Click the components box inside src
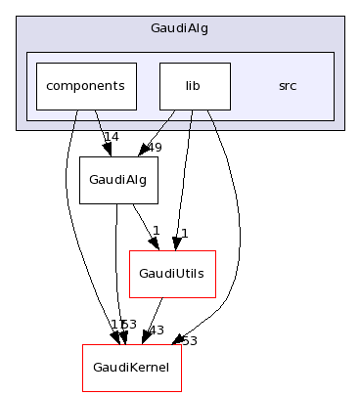[85, 86]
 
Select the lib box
[194, 86]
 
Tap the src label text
[287, 86]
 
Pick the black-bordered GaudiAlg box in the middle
[118, 180]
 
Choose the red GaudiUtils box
[172, 274]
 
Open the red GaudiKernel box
[125, 368]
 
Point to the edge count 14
[111, 137]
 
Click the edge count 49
[153, 148]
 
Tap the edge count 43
[155, 330]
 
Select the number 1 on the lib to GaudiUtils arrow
[183, 234]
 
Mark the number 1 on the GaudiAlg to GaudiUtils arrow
[155, 231]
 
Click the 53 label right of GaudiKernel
[189, 340]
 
